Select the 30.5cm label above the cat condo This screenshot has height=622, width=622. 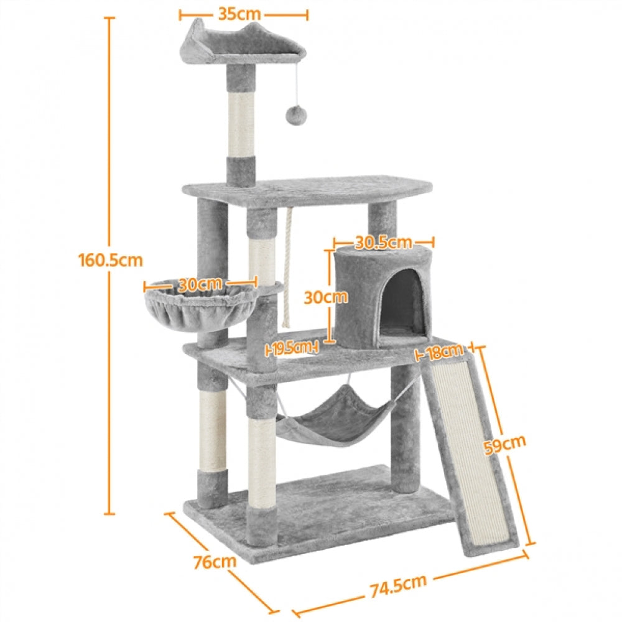click(x=383, y=241)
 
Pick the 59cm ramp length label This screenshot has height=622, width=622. click(x=505, y=445)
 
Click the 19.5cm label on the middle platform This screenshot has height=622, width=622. click(x=292, y=348)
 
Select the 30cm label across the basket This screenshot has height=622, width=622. click(x=200, y=284)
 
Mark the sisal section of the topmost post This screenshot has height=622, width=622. click(x=240, y=124)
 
